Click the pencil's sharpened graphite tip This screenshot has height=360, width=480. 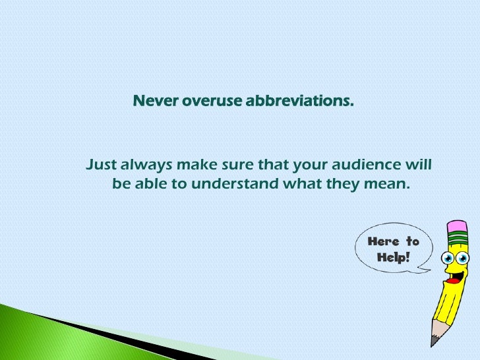pos(434,341)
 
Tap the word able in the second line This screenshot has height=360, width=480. pos(151,184)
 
